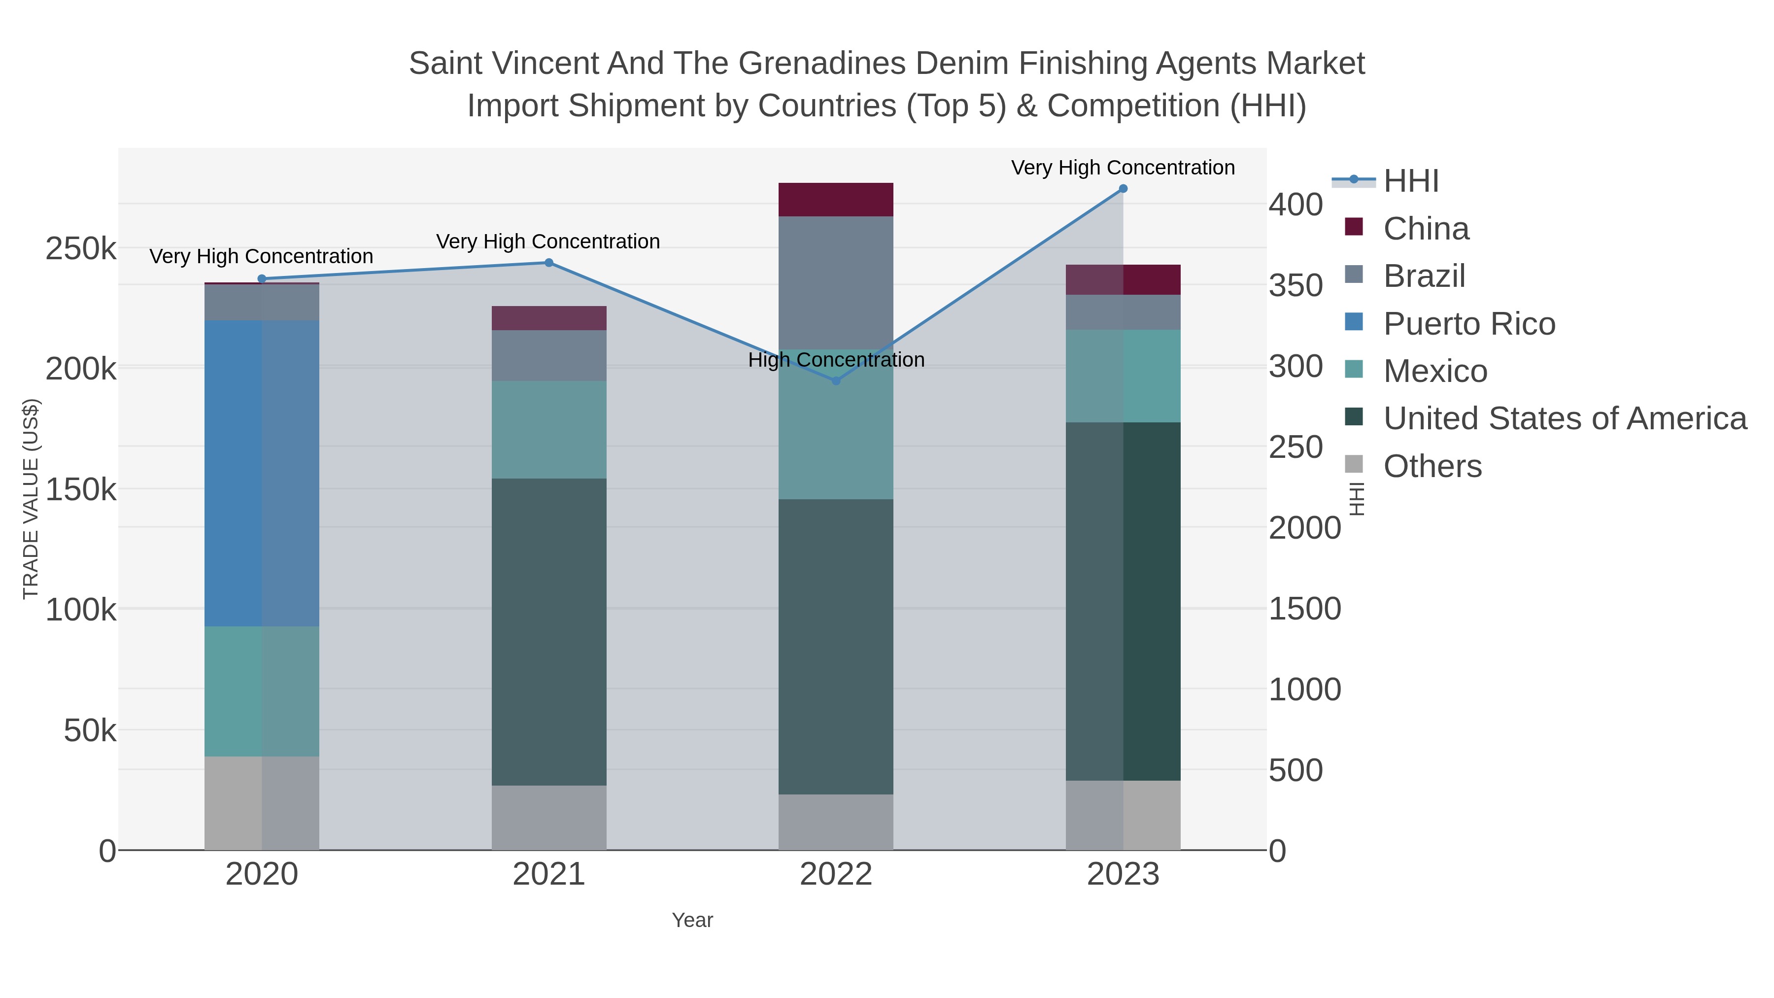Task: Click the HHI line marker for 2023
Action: point(1123,189)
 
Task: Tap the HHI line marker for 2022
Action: point(836,381)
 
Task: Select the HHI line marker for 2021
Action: point(549,262)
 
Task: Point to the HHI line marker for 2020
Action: point(262,279)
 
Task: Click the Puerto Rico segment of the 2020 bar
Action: point(262,473)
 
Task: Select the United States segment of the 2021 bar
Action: point(549,632)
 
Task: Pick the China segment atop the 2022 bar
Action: point(836,200)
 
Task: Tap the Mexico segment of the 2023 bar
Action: point(1123,376)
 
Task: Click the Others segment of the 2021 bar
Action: point(549,818)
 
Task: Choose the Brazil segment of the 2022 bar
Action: point(836,283)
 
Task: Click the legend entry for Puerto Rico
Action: point(1469,324)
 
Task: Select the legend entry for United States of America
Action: point(1565,419)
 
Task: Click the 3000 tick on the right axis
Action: point(1296,367)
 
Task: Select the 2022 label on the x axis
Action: point(836,875)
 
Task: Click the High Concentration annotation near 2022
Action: point(836,360)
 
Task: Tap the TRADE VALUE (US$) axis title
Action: point(31,499)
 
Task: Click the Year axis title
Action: point(692,920)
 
